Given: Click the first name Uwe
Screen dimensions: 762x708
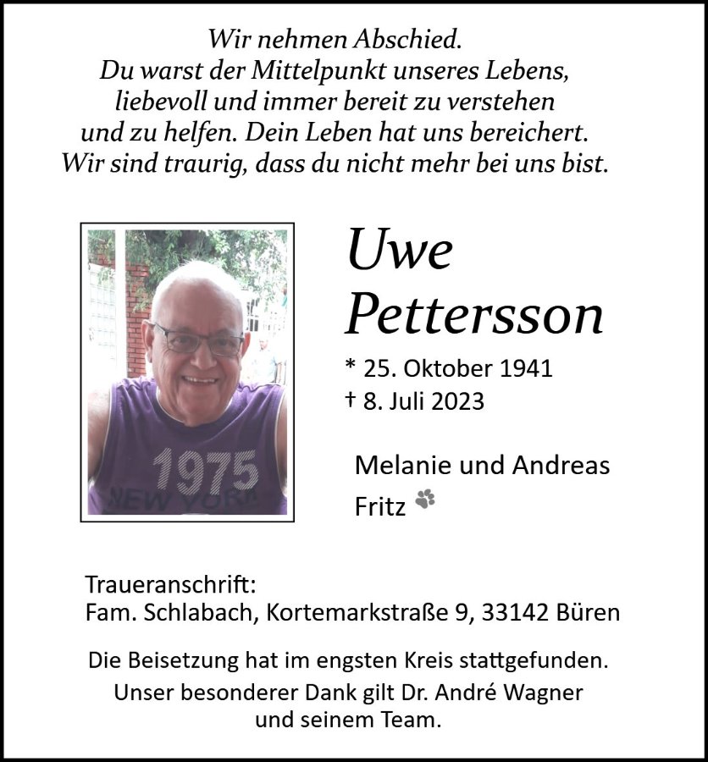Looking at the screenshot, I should (399, 251).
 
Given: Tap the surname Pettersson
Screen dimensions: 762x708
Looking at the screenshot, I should (474, 315).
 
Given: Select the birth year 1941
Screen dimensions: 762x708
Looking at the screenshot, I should (525, 368).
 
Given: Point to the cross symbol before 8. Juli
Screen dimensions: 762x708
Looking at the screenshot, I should (351, 400).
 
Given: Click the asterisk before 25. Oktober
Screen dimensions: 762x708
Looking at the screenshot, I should (351, 367).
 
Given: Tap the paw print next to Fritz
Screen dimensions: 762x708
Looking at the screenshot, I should (425, 500).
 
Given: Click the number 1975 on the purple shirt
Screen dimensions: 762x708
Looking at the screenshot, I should (206, 470).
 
